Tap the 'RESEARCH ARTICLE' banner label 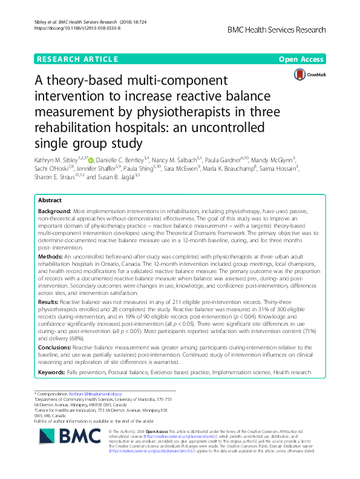(77, 59)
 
